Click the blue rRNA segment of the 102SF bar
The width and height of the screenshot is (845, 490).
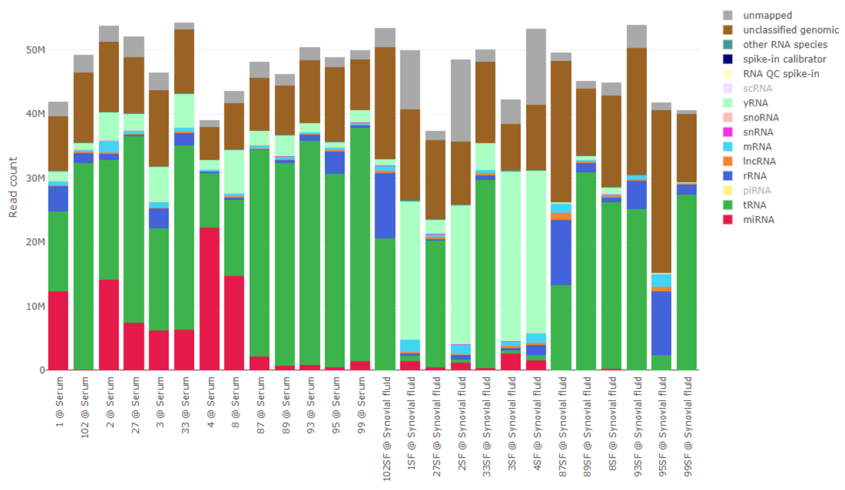tap(385, 206)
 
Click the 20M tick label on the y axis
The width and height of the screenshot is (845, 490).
tap(35, 242)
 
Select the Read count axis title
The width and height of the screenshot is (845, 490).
tap(13, 187)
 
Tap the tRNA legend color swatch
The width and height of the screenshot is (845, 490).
tap(727, 205)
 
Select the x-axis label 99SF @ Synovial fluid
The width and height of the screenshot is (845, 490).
tap(687, 426)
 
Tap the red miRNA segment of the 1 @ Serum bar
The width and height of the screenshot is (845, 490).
tap(58, 330)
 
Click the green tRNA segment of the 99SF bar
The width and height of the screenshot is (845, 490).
tap(686, 282)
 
